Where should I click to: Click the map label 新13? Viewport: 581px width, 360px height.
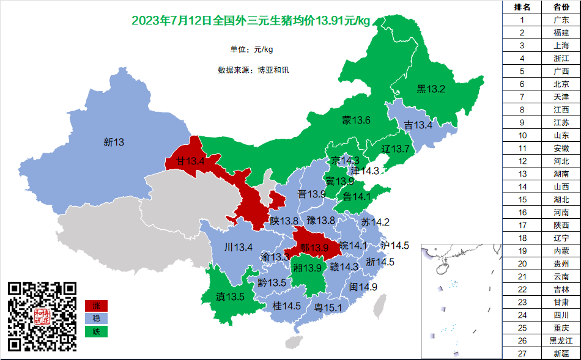pyautogui.click(x=114, y=142)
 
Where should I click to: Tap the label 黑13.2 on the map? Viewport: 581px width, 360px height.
pyautogui.click(x=431, y=89)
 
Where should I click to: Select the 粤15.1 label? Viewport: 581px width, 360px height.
pyautogui.click(x=328, y=307)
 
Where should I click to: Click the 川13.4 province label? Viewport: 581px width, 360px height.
pyautogui.click(x=239, y=247)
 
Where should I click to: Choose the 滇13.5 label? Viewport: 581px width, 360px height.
pyautogui.click(x=231, y=297)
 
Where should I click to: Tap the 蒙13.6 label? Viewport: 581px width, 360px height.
pyautogui.click(x=356, y=120)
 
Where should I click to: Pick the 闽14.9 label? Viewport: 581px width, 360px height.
pyautogui.click(x=363, y=287)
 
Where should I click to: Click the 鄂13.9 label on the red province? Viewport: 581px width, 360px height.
pyautogui.click(x=315, y=248)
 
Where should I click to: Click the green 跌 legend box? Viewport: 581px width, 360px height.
pyautogui.click(x=96, y=331)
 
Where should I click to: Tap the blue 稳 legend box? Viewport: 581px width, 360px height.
pyautogui.click(x=96, y=318)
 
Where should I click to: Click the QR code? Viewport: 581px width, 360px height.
pyautogui.click(x=42, y=316)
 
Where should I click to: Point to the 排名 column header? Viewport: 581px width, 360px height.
pyautogui.click(x=522, y=7)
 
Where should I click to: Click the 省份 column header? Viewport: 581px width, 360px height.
pyautogui.click(x=561, y=7)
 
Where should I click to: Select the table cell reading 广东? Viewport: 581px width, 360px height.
pyautogui.click(x=561, y=20)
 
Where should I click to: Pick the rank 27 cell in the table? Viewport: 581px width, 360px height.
pyautogui.click(x=522, y=353)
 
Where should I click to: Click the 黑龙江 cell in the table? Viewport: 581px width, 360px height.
pyautogui.click(x=561, y=340)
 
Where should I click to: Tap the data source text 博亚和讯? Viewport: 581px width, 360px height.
pyautogui.click(x=273, y=70)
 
